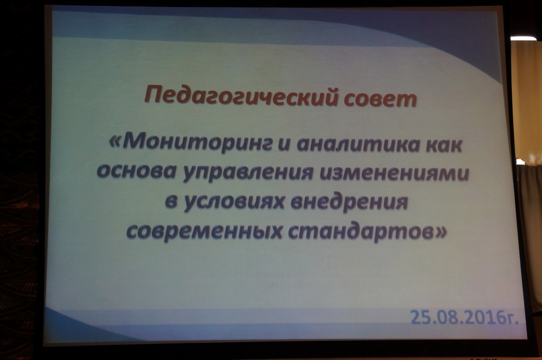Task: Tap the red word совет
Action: point(380,98)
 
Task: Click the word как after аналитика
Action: point(444,145)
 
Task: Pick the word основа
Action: point(137,170)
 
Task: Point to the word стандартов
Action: point(360,231)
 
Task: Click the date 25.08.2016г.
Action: point(464,318)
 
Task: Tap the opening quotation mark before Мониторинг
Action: point(115,142)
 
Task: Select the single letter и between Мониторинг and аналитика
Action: point(284,145)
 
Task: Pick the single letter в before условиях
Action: point(171,201)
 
